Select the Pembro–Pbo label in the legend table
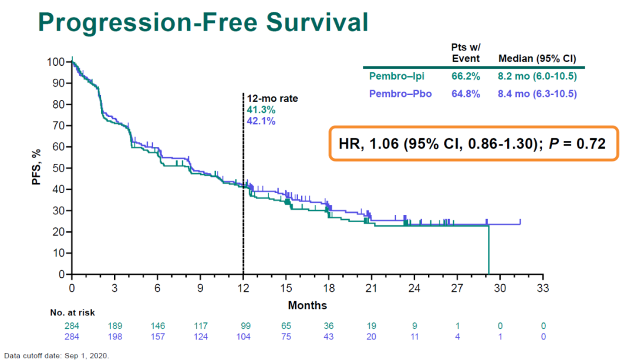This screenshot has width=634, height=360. tap(396, 93)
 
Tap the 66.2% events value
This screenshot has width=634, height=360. tap(466, 76)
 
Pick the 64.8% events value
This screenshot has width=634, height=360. tap(466, 93)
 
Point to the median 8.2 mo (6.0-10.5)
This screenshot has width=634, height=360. tap(537, 76)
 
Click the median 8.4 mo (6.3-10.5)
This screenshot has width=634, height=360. tap(537, 93)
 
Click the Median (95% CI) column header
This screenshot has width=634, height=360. tap(537, 59)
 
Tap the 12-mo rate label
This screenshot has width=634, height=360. tap(272, 99)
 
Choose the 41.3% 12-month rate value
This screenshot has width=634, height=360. tap(261, 109)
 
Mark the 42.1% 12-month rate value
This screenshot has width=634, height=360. tap(261, 120)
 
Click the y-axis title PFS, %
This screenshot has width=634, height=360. tap(37, 167)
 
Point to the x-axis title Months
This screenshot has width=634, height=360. tap(307, 305)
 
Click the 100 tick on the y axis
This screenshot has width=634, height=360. tap(56, 62)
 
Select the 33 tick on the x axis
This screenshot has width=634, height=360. tap(543, 288)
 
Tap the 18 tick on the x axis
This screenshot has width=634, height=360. tap(329, 288)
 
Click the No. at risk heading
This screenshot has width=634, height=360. tap(72, 313)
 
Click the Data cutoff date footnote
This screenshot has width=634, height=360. tap(56, 355)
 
